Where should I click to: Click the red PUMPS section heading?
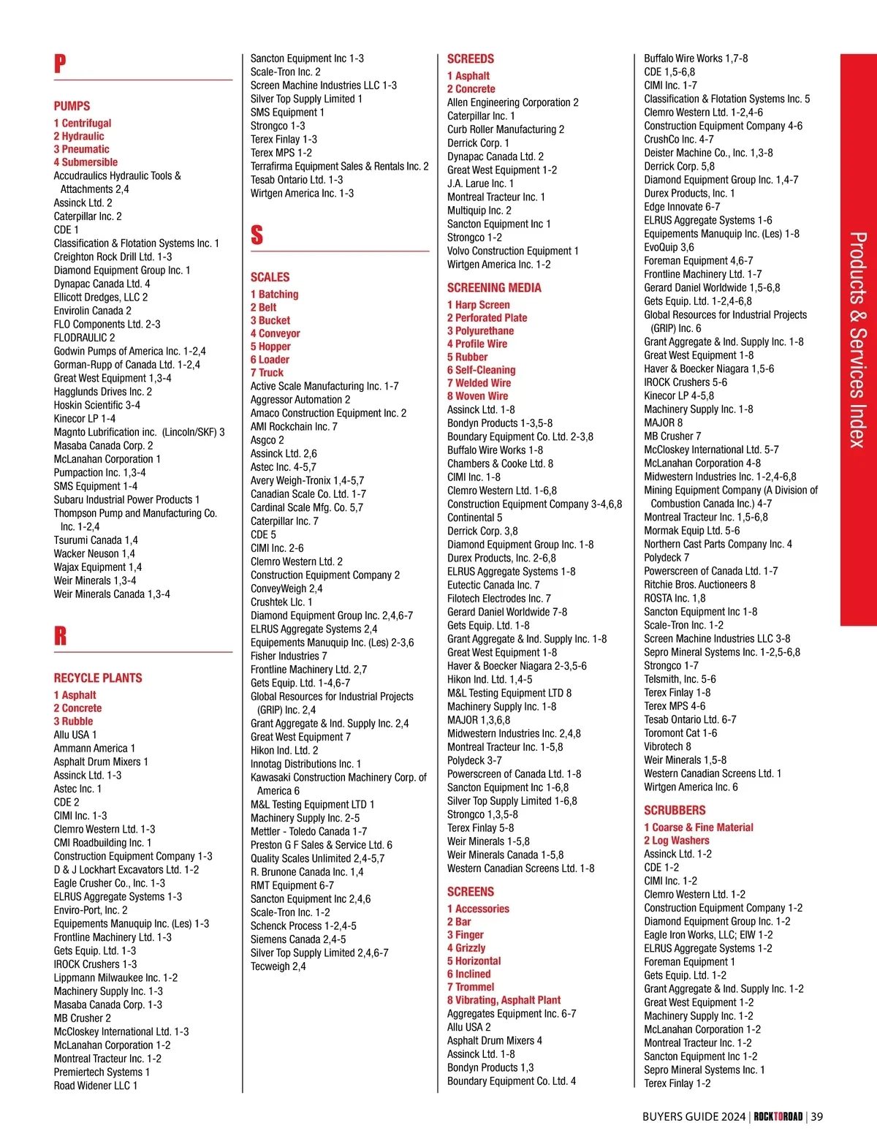[x=72, y=106]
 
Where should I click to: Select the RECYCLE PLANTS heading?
[x=98, y=678]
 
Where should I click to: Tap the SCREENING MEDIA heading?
[x=494, y=288]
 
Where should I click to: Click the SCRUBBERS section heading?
[x=675, y=810]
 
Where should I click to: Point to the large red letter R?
[x=60, y=636]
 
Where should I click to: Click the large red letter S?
[x=257, y=235]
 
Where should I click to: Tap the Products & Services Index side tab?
[x=858, y=339]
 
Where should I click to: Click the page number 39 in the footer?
[x=816, y=1116]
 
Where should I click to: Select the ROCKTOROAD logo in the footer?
[x=778, y=1116]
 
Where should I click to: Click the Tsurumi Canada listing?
[x=96, y=540]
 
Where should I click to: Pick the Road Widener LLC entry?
[x=95, y=1086]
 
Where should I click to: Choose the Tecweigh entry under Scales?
[x=278, y=966]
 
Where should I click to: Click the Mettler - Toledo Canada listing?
[x=308, y=831]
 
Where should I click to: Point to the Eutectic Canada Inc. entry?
[x=493, y=585]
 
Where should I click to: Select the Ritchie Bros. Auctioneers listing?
[x=699, y=585]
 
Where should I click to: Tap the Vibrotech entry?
[x=667, y=746]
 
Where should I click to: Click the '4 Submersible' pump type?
[x=86, y=162]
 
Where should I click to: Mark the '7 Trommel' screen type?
[x=471, y=987]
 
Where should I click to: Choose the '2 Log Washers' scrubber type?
[x=676, y=841]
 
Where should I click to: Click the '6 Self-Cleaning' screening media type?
[x=481, y=370]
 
